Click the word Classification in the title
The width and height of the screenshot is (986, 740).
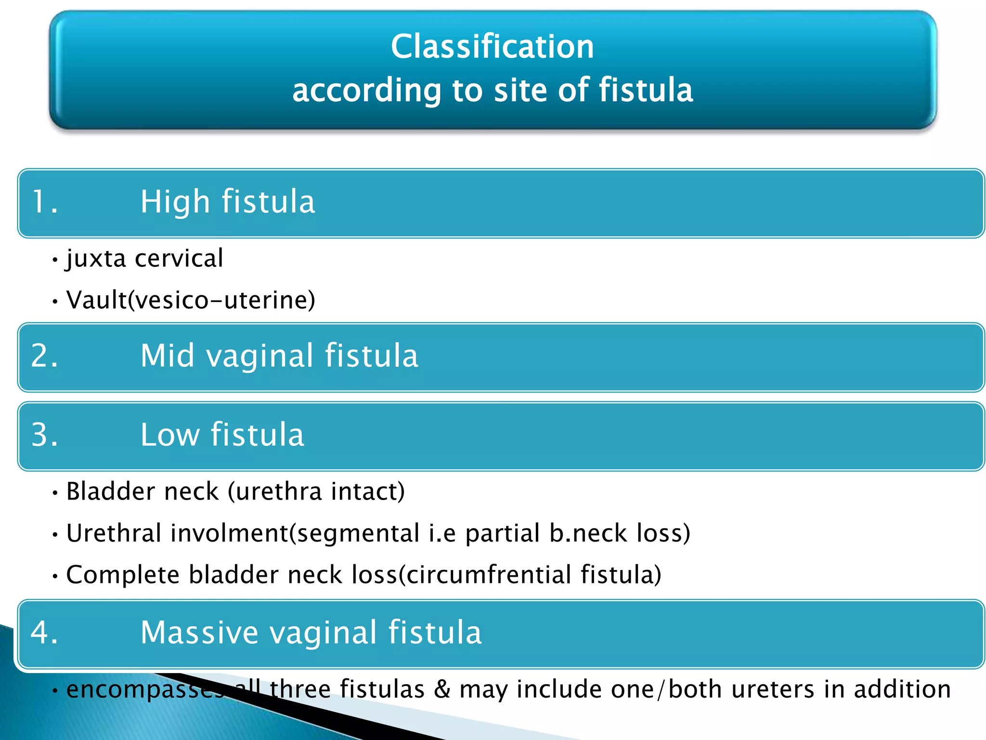(492, 47)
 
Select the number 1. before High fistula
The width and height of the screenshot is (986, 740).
(44, 202)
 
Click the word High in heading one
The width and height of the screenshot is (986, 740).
(175, 202)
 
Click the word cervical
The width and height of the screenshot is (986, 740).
(179, 259)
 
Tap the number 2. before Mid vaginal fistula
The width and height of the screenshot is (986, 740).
(44, 357)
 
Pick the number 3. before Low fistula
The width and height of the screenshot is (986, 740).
(44, 435)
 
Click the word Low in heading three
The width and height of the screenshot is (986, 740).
(169, 435)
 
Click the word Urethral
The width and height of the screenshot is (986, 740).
(114, 533)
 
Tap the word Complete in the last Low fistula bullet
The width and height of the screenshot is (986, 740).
(123, 575)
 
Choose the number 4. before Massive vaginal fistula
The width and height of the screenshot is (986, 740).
(44, 633)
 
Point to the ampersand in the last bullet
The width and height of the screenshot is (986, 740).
(442, 689)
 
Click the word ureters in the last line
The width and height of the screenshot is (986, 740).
(773, 689)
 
